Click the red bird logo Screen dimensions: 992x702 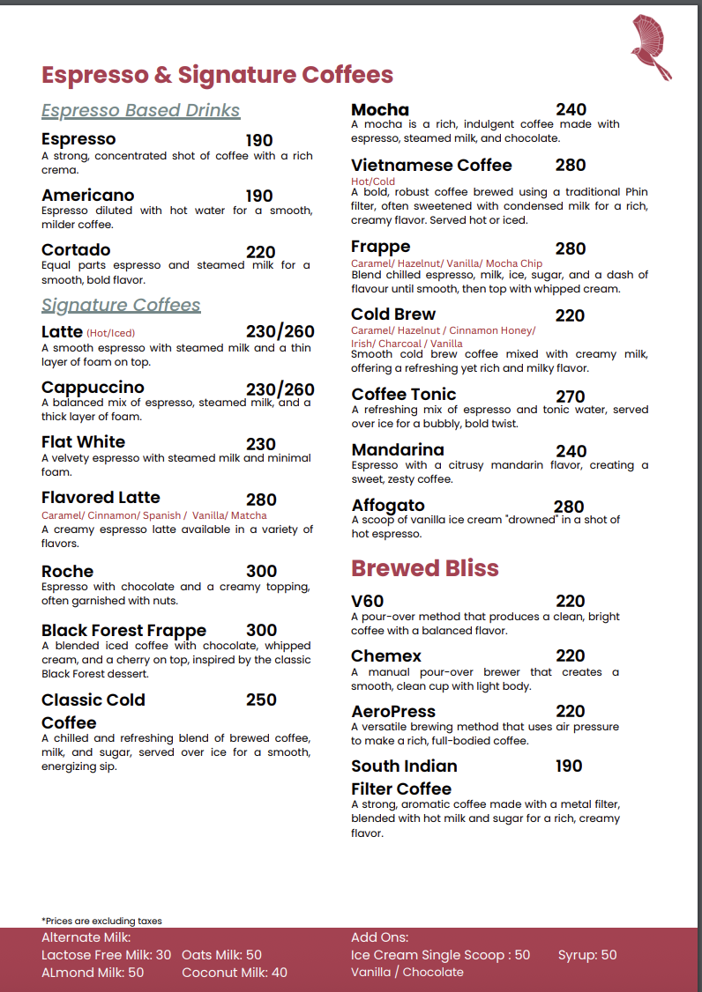click(x=652, y=47)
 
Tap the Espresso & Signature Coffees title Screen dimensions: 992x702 click(x=217, y=75)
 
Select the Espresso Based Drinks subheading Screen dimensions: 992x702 click(x=141, y=110)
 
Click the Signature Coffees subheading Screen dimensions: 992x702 click(x=121, y=305)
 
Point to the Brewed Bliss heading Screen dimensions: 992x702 click(x=425, y=568)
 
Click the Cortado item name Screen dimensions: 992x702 click(x=76, y=250)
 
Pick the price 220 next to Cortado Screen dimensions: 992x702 click(x=260, y=252)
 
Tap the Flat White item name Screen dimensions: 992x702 click(x=83, y=442)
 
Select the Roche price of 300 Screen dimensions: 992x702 click(x=261, y=571)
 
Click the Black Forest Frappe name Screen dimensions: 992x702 click(x=123, y=630)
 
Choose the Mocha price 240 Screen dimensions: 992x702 click(x=571, y=110)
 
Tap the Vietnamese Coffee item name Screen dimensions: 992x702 click(x=431, y=166)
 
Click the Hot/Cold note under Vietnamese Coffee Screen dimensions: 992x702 click(x=373, y=181)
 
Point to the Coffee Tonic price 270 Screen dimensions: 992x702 click(x=571, y=396)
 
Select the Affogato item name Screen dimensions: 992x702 click(x=388, y=506)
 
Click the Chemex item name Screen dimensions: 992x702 click(x=386, y=656)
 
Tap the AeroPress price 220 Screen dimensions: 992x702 click(x=571, y=711)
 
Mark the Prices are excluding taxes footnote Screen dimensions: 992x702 click(x=101, y=921)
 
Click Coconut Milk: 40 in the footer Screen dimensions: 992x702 click(x=235, y=973)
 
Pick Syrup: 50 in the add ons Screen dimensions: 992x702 click(x=587, y=955)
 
